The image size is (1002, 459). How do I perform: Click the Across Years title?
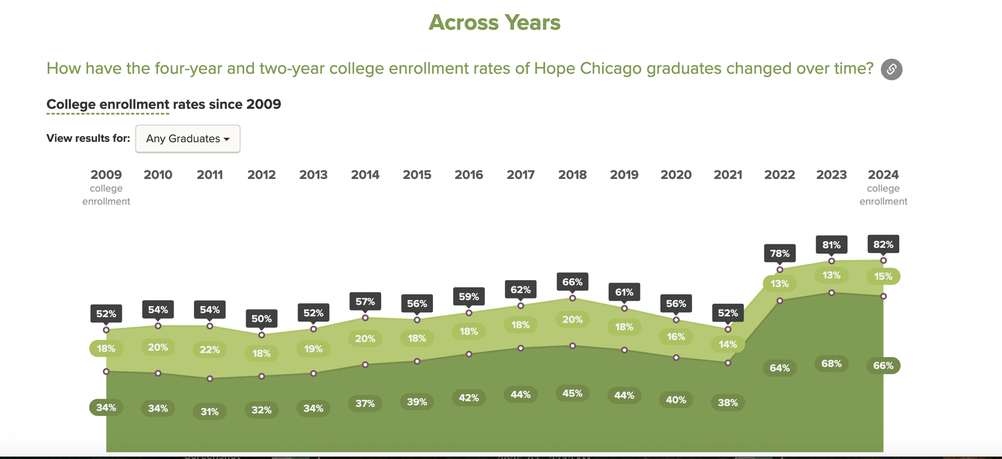tap(494, 23)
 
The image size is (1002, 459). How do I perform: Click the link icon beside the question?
tap(892, 69)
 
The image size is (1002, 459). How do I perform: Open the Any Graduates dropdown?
tap(188, 139)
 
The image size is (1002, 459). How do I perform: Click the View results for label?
tap(88, 138)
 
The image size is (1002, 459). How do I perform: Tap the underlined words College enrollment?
tap(108, 104)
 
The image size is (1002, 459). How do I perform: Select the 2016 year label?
tap(469, 175)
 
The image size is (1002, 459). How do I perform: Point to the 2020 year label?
tap(676, 175)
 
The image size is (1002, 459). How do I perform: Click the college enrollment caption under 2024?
tap(883, 195)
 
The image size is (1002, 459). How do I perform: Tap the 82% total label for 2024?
tap(883, 245)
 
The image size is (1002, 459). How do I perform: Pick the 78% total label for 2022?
tap(780, 253)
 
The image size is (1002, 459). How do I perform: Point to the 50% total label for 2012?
tap(262, 319)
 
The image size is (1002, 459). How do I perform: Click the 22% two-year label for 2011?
tap(210, 350)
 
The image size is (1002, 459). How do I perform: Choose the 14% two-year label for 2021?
tap(728, 344)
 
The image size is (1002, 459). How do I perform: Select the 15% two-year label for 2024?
tap(883, 276)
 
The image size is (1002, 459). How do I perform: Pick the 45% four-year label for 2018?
tap(572, 393)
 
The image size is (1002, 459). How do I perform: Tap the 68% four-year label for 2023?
tap(832, 363)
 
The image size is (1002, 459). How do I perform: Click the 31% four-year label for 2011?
tap(210, 411)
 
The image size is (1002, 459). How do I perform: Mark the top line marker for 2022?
tap(780, 270)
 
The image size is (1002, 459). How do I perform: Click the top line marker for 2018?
tap(573, 298)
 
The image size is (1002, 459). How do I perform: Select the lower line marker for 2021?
tap(728, 362)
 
